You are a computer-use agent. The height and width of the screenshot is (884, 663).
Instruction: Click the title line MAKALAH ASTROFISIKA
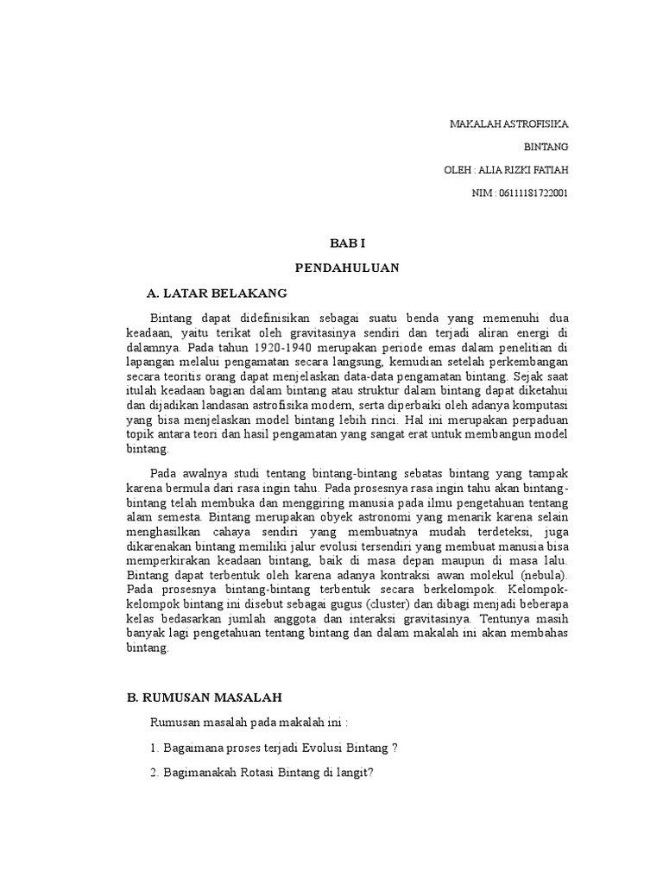pos(509,124)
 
